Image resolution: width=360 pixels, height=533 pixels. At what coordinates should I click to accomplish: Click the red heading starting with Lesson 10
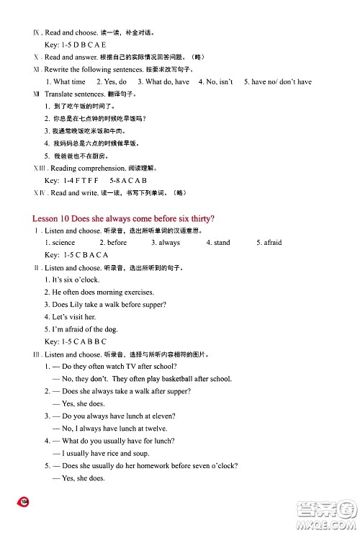(124, 218)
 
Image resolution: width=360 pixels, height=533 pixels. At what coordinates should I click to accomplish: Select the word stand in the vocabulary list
(218, 243)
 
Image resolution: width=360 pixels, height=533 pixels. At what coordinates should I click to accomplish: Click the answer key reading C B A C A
(86, 255)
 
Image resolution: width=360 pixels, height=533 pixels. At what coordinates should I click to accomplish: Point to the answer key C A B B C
(85, 341)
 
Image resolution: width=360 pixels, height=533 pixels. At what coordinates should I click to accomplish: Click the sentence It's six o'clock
(71, 279)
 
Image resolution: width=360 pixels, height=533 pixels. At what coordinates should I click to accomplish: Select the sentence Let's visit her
(70, 317)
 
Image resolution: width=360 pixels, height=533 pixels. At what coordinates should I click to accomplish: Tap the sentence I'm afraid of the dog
(79, 329)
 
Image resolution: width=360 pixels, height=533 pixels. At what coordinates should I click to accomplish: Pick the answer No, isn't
(215, 82)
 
